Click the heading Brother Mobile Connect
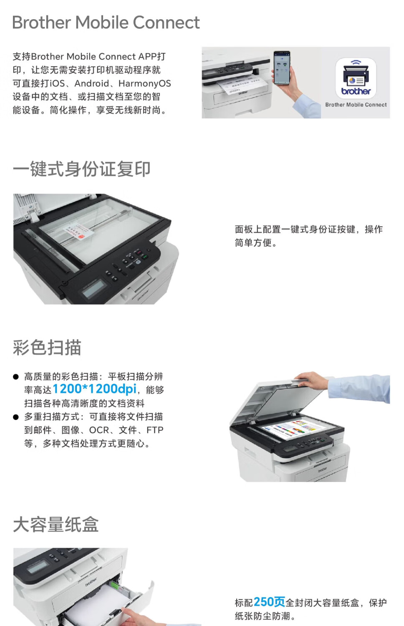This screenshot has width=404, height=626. click(x=106, y=23)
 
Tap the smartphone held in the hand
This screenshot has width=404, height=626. click(x=282, y=68)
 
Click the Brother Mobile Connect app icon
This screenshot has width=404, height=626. click(x=356, y=78)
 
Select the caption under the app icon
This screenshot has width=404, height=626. click(x=356, y=105)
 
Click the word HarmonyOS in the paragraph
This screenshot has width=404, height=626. click(x=144, y=83)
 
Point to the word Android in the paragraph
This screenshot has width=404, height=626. click(x=92, y=83)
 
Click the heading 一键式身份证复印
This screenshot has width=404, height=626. click(x=81, y=169)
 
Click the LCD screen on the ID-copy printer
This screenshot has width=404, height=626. click(x=95, y=288)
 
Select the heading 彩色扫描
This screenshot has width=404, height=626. click(x=47, y=347)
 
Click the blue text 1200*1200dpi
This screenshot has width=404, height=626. click(x=94, y=389)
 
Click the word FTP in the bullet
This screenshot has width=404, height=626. click(x=155, y=430)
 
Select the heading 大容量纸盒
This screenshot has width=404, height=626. click(x=56, y=525)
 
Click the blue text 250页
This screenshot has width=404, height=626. click(x=269, y=602)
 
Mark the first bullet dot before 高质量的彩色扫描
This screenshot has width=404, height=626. click(x=15, y=377)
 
